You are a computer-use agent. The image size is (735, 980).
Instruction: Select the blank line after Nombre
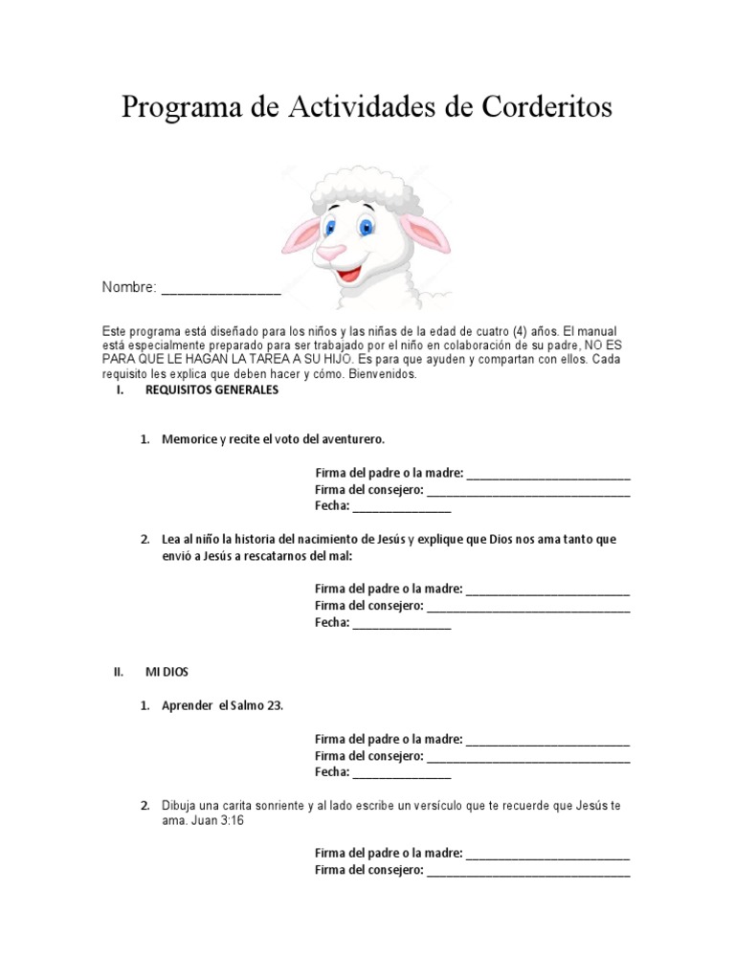click(220, 288)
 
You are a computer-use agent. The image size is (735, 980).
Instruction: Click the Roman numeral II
click(119, 672)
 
